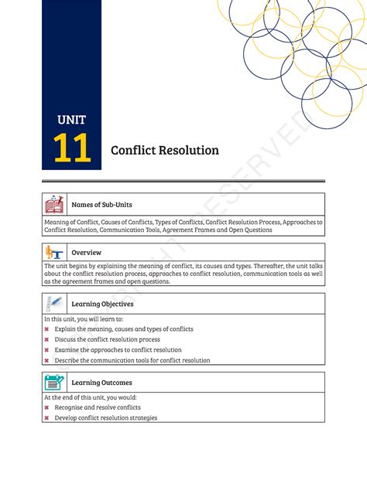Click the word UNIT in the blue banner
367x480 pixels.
coord(71,120)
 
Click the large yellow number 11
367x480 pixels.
coord(72,148)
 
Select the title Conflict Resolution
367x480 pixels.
coord(164,150)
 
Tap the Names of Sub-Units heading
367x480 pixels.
coord(101,205)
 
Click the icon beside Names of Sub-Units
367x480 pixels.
coord(54,205)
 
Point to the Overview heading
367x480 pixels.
coord(86,253)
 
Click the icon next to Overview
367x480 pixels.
coord(54,253)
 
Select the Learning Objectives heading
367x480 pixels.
coord(102,304)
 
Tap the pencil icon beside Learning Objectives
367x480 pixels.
coord(54,304)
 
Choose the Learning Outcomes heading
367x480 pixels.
coord(101,383)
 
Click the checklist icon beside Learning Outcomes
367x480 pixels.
coord(54,383)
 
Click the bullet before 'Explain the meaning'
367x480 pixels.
coord(47,329)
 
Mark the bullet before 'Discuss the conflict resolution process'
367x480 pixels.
coord(47,340)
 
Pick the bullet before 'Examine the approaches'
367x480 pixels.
coord(47,350)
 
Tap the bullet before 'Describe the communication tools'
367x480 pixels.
coord(47,361)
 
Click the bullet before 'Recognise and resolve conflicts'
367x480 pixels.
coord(47,407)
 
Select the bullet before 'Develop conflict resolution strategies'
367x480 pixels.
coord(47,418)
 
